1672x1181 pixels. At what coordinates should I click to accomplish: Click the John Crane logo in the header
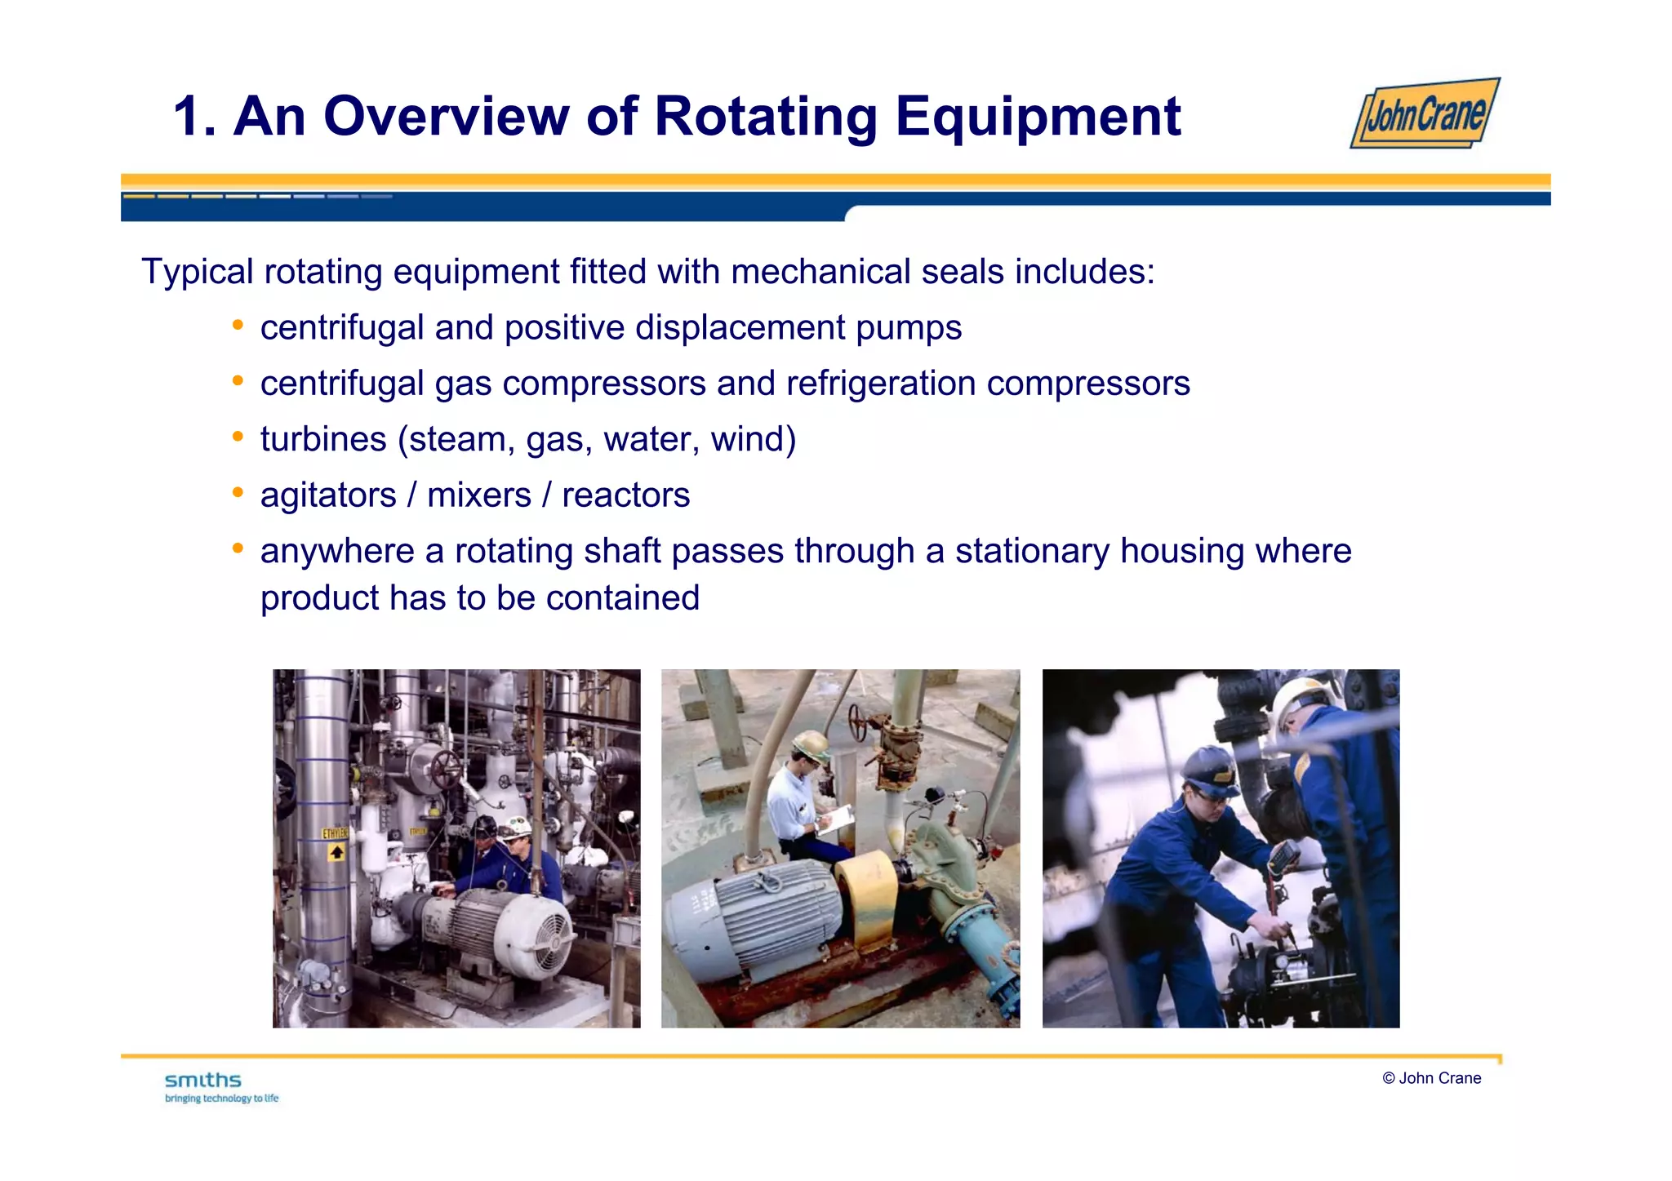tap(1425, 113)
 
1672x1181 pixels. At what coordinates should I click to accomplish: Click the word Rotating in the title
tap(766, 117)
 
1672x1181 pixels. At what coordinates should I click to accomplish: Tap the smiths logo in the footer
tap(203, 1081)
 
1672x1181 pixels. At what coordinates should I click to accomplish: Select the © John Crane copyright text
tap(1431, 1078)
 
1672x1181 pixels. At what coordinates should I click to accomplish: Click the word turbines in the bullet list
tap(323, 439)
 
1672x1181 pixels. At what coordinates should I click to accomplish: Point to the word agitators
tap(328, 495)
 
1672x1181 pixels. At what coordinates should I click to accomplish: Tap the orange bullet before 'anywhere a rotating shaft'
tap(238, 548)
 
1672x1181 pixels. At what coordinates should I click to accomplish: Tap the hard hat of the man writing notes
tap(811, 744)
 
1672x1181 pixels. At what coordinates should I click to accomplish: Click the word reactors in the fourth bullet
tap(625, 495)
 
